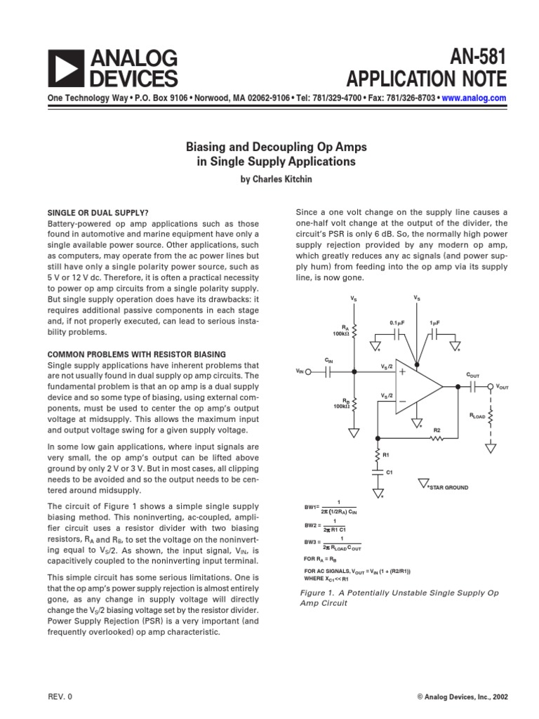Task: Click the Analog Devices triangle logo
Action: [64, 67]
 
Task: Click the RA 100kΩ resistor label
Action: [342, 330]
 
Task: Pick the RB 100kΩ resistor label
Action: [342, 404]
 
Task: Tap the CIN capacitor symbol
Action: [328, 373]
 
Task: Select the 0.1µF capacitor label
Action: [398, 322]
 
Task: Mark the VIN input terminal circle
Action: [310, 373]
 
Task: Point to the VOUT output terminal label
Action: [503, 387]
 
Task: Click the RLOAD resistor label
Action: [478, 416]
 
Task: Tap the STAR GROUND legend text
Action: [450, 486]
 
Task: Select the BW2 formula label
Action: [312, 525]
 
